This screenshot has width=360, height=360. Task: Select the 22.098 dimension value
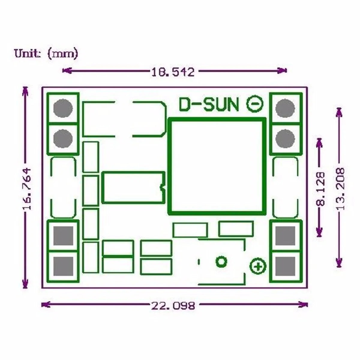[173, 305]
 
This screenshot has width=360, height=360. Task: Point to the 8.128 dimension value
[321, 189]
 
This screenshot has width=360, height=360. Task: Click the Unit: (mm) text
[46, 54]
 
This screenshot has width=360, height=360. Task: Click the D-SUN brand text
[209, 105]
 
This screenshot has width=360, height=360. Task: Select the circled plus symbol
[258, 266]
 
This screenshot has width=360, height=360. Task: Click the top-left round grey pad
[63, 108]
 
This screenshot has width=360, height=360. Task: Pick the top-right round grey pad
[285, 108]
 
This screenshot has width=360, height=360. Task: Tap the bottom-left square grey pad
[63, 266]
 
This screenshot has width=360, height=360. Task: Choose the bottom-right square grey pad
[285, 266]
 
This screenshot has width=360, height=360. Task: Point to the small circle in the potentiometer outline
[221, 262]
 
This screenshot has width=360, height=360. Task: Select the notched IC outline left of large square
[133, 187]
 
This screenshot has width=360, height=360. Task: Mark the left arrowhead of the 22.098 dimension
[45, 305]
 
